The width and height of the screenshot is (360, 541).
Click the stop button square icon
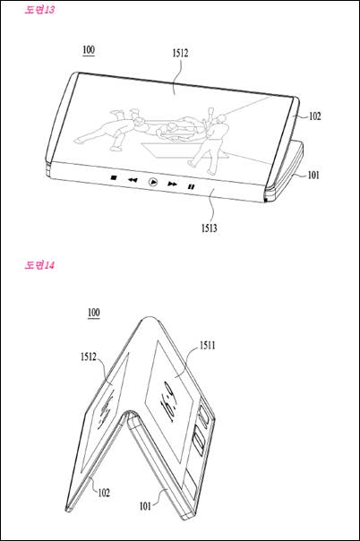(x=114, y=177)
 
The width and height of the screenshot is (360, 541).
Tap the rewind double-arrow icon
(x=133, y=180)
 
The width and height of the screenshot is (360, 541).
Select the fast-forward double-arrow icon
(x=172, y=185)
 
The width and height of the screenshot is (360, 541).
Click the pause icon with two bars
(x=191, y=186)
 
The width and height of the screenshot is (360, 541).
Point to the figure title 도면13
(x=39, y=9)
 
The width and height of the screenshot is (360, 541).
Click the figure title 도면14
(x=39, y=265)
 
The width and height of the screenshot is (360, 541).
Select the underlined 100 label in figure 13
(x=89, y=50)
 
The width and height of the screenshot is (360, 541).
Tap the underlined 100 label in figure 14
(x=93, y=313)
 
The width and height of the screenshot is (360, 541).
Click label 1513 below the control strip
(x=210, y=228)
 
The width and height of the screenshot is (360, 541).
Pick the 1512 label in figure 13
(x=180, y=53)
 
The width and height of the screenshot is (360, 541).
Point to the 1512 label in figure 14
(x=89, y=356)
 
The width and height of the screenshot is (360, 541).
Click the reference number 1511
(x=208, y=346)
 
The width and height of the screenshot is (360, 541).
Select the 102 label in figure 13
(x=314, y=116)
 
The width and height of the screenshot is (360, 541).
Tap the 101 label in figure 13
(x=313, y=176)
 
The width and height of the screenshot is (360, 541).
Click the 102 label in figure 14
(x=104, y=493)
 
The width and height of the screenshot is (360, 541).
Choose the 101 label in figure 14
(x=145, y=506)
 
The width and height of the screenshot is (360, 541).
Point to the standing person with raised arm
(x=209, y=141)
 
